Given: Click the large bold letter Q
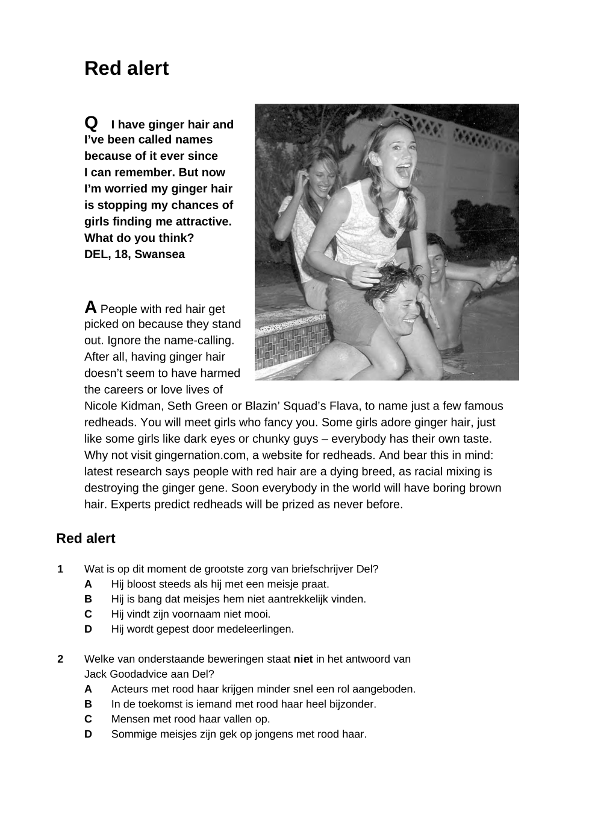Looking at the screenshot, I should click(91, 123).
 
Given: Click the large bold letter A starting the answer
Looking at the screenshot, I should click(90, 308).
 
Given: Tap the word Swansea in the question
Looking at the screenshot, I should click(160, 254).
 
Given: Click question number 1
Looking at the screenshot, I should click(60, 569).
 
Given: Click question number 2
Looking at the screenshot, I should click(60, 659).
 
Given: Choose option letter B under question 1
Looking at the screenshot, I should click(88, 599).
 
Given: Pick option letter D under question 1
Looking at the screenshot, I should click(88, 630).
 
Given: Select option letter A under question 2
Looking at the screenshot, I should click(88, 689).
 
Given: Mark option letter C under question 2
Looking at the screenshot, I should click(88, 719).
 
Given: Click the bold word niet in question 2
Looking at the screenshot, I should click(303, 659).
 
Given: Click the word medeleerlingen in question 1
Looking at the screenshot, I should click(257, 630).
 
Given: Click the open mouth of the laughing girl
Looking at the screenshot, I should click(402, 170).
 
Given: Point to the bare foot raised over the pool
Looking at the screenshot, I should click(502, 271).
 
